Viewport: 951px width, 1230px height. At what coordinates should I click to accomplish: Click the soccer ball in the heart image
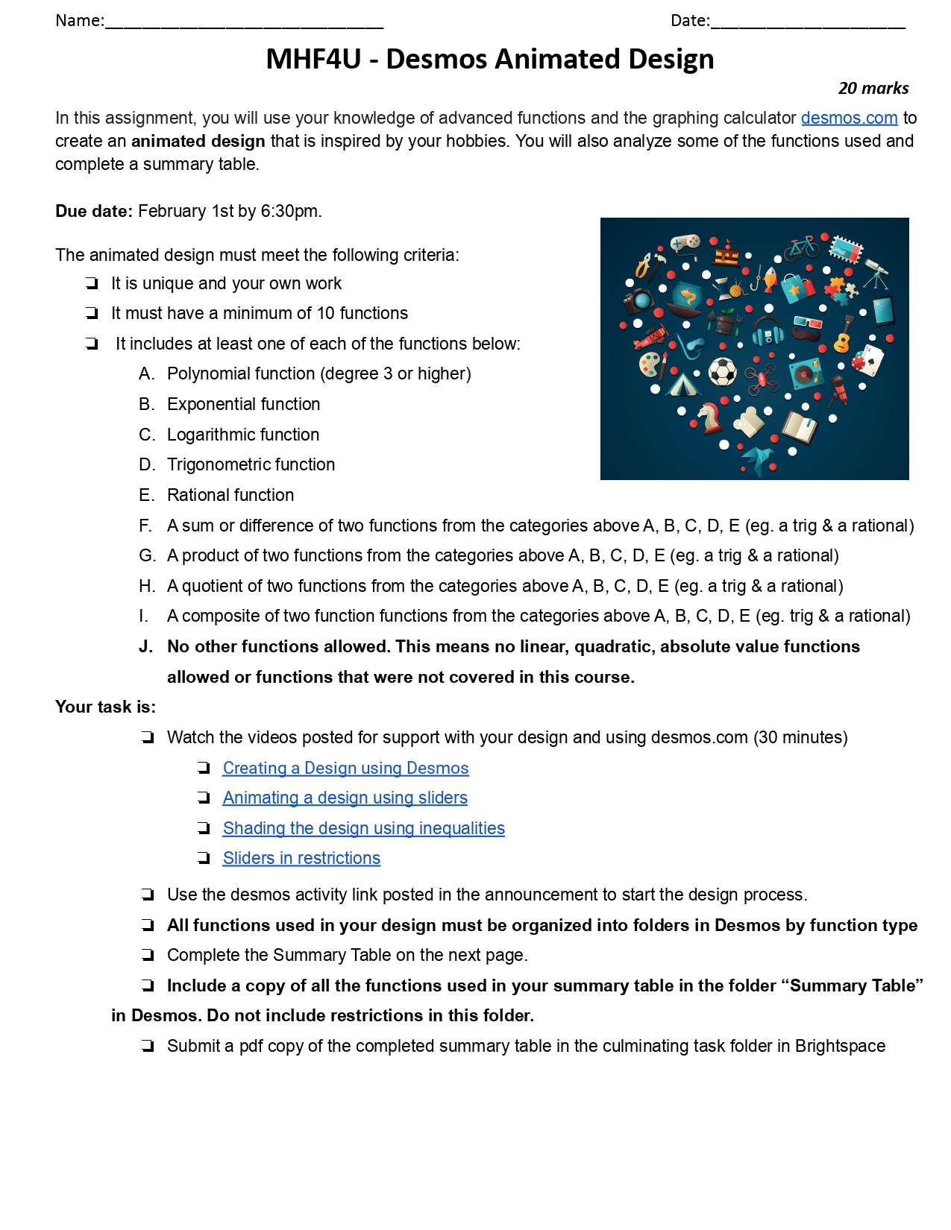pyautogui.click(x=722, y=371)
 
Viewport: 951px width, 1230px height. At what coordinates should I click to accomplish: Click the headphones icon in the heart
pyautogui.click(x=768, y=331)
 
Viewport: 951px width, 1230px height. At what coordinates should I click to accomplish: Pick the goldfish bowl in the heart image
pyautogui.click(x=687, y=297)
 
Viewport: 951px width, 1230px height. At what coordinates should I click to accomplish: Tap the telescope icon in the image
pyautogui.click(x=876, y=273)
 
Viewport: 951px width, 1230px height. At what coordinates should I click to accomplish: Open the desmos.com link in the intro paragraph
pyautogui.click(x=849, y=118)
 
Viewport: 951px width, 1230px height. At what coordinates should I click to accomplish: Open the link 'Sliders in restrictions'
pyautogui.click(x=301, y=858)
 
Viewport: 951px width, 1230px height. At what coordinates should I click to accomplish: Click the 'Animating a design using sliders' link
pyautogui.click(x=345, y=798)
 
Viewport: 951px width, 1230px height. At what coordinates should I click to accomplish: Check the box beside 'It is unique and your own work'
pyautogui.click(x=92, y=283)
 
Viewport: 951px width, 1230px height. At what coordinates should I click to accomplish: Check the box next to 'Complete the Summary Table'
pyautogui.click(x=148, y=955)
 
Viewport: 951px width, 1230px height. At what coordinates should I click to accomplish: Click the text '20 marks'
pyautogui.click(x=873, y=88)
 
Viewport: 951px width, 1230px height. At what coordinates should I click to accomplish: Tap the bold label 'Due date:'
pyautogui.click(x=93, y=211)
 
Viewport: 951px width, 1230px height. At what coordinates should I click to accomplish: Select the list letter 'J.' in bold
pyautogui.click(x=145, y=646)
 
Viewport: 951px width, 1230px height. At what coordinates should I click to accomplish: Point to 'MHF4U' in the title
pyautogui.click(x=313, y=59)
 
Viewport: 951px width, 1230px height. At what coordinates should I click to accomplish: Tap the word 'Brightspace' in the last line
pyautogui.click(x=840, y=1046)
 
